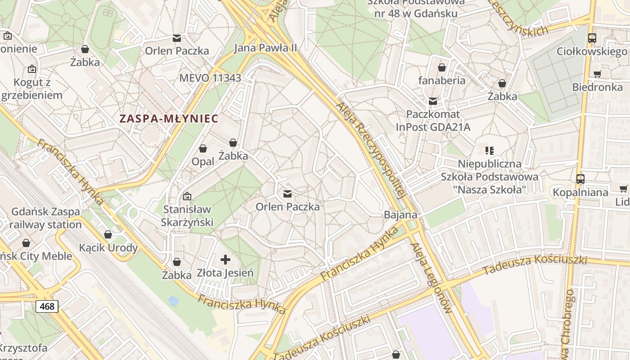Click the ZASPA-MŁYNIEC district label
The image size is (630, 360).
[x=169, y=119]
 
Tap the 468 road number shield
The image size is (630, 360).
[x=47, y=306]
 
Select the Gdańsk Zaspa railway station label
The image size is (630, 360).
[x=45, y=218]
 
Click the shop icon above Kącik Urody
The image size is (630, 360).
[x=108, y=234]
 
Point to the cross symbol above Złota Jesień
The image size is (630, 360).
[x=225, y=260]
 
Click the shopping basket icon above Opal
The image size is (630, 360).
[x=203, y=148]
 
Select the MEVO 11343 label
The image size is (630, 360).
[x=210, y=78]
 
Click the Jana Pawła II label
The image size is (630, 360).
[x=265, y=48]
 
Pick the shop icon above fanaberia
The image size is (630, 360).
[x=442, y=67]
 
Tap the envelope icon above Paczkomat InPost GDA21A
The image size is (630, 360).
[x=433, y=101]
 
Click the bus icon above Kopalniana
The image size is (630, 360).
[x=580, y=179]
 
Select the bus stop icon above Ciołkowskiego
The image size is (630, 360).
[x=592, y=38]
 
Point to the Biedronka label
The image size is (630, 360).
[x=597, y=87]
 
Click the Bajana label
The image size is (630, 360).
[x=400, y=215]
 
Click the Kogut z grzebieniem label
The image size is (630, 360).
[x=31, y=89]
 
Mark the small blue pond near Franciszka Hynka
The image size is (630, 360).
[x=173, y=300]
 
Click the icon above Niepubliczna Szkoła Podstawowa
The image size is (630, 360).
[x=490, y=151]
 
